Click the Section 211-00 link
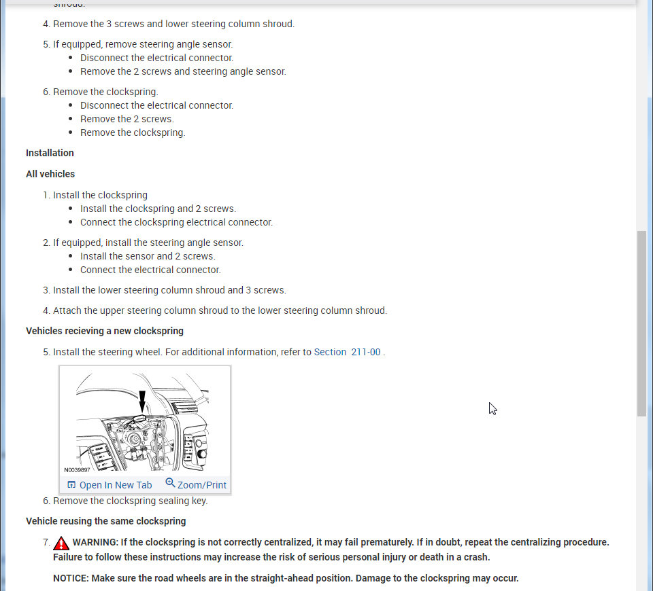pyautogui.click(x=347, y=352)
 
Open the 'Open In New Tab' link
pyautogui.click(x=115, y=485)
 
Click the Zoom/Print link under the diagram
pyautogui.click(x=201, y=485)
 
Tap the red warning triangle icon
pyautogui.click(x=61, y=543)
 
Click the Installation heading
pyautogui.click(x=50, y=153)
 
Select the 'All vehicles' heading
pyautogui.click(x=50, y=174)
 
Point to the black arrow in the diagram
pyautogui.click(x=142, y=401)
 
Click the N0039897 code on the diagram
pyautogui.click(x=77, y=469)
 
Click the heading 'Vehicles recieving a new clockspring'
pyautogui.click(x=105, y=331)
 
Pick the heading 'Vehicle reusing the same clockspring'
pyautogui.click(x=105, y=521)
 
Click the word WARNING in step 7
pyautogui.click(x=96, y=542)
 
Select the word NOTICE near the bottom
pyautogui.click(x=71, y=578)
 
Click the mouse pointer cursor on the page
pyautogui.click(x=492, y=408)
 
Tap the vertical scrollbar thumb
pyautogui.click(x=641, y=323)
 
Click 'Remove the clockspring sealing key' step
pyautogui.click(x=130, y=501)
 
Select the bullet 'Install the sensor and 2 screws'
pyautogui.click(x=148, y=256)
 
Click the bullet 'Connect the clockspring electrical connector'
pyautogui.click(x=176, y=222)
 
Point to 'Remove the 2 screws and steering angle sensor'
pyautogui.click(x=183, y=71)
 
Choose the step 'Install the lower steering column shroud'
pyautogui.click(x=169, y=290)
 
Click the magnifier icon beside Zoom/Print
pyautogui.click(x=170, y=483)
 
